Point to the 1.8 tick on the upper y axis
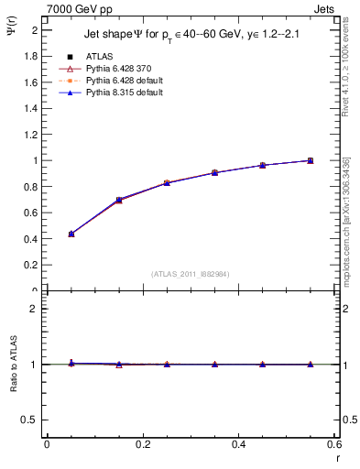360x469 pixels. tap(33, 56)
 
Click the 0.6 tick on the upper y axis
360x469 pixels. tap(33, 213)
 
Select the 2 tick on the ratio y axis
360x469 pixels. tap(35, 309)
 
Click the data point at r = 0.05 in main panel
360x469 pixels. tap(71, 234)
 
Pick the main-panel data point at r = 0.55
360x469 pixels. tap(311, 160)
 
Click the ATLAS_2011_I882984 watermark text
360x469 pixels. tap(191, 273)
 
